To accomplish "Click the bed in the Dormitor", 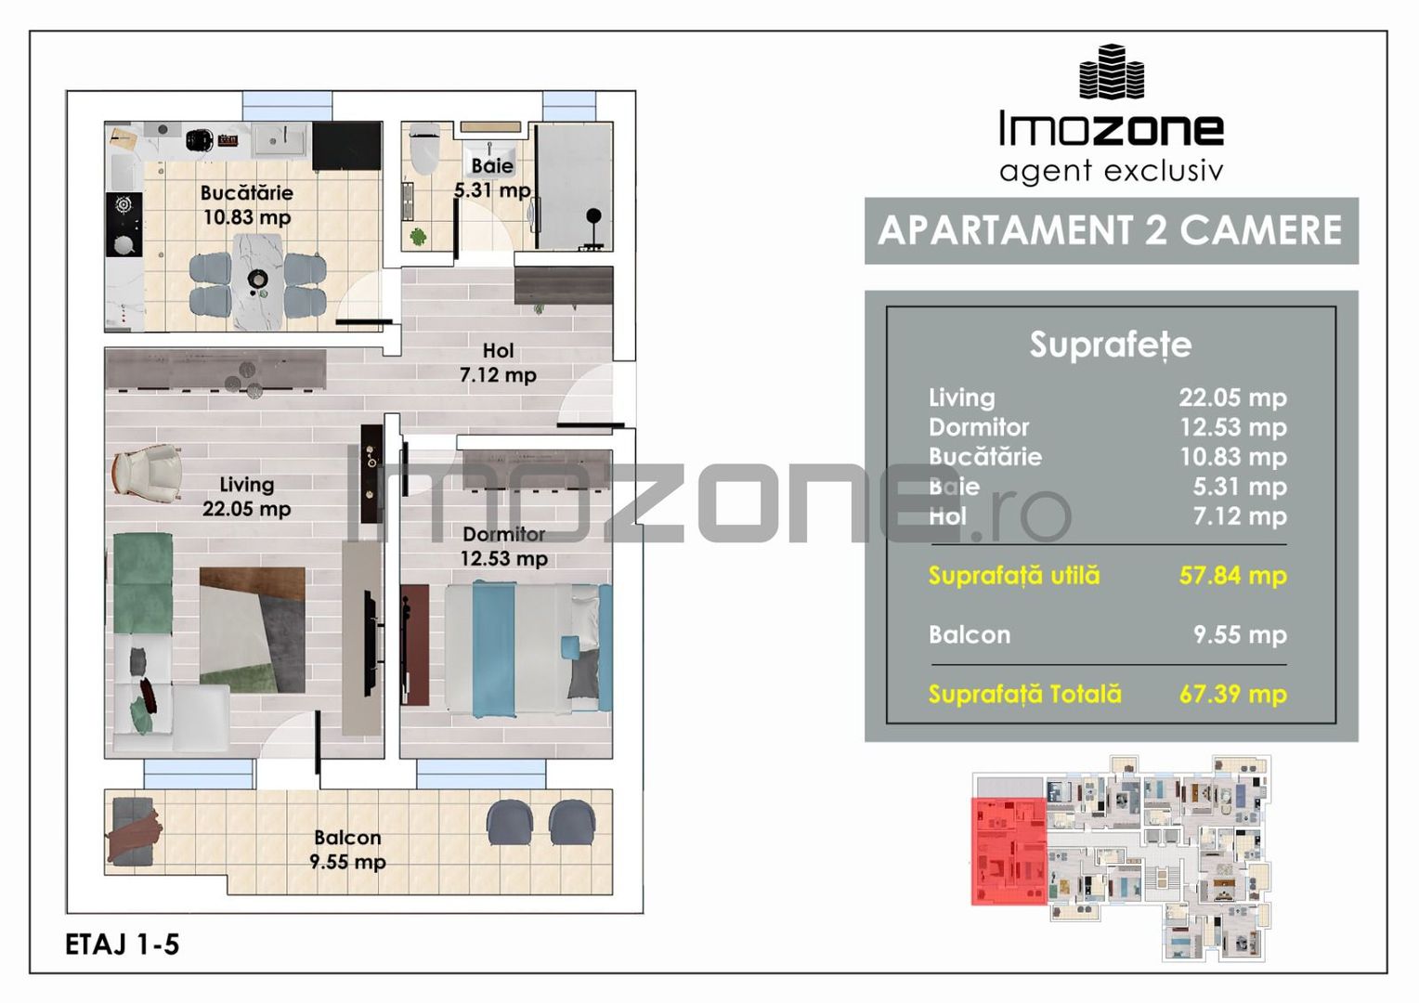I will coord(526,649).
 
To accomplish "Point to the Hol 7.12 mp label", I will coord(498,363).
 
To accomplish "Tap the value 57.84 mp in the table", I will coord(1232,576).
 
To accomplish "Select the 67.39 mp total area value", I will coord(1232,695).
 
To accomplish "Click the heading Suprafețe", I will coord(1111,345).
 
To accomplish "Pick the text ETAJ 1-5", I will coord(123,944).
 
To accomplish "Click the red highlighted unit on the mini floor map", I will coord(1009,851).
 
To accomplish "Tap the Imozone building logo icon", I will coord(1111,72).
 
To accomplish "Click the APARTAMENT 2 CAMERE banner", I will coord(1111,230).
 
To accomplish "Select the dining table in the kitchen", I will coord(257,280).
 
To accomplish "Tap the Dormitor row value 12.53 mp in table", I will coord(1232,427).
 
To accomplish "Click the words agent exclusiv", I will coord(1111,171).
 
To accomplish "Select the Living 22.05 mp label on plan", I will coord(247,497).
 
